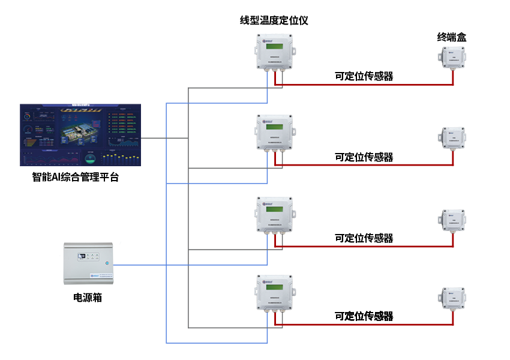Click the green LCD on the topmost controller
[x=275, y=47]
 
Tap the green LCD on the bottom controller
[x=275, y=289]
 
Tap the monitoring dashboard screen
[x=80, y=134]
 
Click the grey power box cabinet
[x=89, y=263]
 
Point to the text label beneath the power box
[x=88, y=297]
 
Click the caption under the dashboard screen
[x=75, y=177]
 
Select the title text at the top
[x=274, y=20]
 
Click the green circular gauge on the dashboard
[x=91, y=158]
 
